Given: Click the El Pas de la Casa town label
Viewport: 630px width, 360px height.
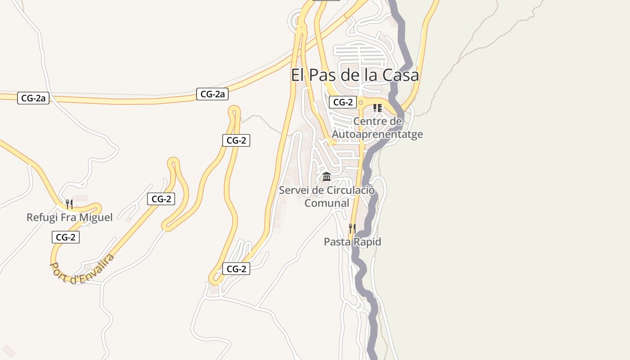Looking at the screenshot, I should [355, 75].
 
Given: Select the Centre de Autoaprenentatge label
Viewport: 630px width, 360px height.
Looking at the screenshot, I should [377, 128].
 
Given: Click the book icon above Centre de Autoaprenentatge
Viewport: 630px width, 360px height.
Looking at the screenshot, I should [377, 108].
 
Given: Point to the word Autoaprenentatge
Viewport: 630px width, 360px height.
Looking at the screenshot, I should [377, 134].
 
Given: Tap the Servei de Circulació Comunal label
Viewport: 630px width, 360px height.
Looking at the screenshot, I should [327, 197].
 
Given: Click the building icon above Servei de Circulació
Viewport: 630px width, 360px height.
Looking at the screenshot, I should [327, 176].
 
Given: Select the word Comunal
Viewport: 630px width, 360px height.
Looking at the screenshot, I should [327, 203].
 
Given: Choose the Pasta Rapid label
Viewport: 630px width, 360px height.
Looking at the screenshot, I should [352, 242].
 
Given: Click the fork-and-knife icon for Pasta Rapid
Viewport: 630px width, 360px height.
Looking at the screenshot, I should [352, 228].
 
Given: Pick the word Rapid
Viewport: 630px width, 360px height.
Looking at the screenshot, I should [366, 242].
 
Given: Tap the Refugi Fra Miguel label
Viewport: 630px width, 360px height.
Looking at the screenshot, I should [69, 217].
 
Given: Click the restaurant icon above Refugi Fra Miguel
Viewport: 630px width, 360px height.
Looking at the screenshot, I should [69, 204].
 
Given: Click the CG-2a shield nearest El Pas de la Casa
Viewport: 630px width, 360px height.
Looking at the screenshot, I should [212, 94].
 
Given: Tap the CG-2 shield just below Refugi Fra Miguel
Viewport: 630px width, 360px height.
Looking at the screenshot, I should [66, 237].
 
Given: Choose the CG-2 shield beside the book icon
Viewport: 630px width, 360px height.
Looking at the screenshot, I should [343, 102].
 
